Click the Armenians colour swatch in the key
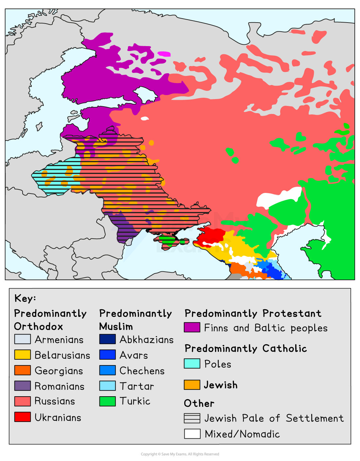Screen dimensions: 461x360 (x=23, y=339)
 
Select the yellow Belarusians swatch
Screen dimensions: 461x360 (x=23, y=355)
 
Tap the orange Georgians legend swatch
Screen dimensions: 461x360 (x=23, y=370)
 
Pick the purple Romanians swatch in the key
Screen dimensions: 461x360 (x=23, y=386)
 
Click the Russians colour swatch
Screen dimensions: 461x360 (x=23, y=401)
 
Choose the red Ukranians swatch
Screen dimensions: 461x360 (x=23, y=417)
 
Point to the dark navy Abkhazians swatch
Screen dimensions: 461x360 (x=107, y=339)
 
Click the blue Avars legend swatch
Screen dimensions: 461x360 (x=107, y=355)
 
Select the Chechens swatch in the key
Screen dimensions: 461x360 (x=107, y=370)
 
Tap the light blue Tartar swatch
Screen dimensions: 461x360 (x=107, y=386)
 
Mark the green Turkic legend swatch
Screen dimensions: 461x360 (x=107, y=401)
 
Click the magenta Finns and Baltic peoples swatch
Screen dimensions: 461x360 (x=192, y=327)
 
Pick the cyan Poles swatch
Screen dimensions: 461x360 (x=192, y=364)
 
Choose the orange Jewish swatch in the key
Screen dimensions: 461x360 (x=192, y=385)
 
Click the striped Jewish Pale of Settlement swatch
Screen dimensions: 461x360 (x=192, y=418)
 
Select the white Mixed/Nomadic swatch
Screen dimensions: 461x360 (x=192, y=434)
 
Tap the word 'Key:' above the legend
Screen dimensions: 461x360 (x=25, y=298)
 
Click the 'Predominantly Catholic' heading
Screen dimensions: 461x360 (x=245, y=349)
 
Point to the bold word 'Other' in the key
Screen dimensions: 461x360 (x=199, y=403)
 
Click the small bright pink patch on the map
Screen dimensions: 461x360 (x=164, y=54)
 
